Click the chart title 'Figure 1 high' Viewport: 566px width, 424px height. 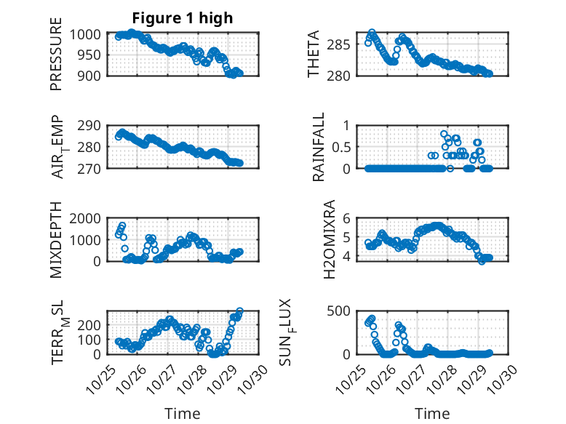point(182,18)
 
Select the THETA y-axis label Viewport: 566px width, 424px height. point(314,55)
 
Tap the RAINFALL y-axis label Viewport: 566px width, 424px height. point(319,148)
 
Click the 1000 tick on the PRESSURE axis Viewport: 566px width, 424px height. point(91,34)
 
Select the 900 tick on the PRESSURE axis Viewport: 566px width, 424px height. point(95,74)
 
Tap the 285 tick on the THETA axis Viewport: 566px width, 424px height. point(343,45)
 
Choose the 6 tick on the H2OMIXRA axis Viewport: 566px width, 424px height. point(348,218)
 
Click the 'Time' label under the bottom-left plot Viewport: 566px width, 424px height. point(182,413)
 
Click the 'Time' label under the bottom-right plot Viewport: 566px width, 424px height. point(432,413)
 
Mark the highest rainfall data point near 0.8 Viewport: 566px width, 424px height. point(444,134)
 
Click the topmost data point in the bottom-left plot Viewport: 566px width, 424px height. point(240,312)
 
